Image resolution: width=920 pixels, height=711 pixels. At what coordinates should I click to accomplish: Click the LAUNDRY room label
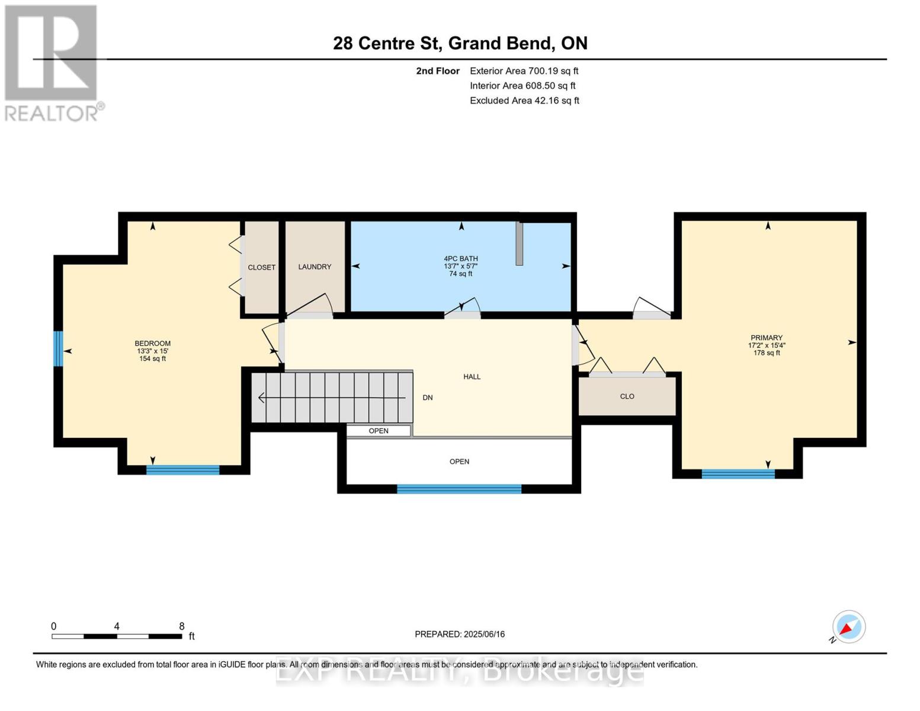[315, 267]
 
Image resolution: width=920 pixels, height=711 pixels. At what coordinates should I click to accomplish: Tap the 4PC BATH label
[461, 259]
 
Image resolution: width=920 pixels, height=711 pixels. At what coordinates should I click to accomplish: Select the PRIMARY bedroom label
[767, 338]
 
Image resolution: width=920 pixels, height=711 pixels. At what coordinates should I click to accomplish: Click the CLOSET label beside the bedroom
[261, 268]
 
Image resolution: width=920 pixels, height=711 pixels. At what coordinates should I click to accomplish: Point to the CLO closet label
[627, 396]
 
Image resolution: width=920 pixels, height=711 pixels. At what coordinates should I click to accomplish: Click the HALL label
[472, 377]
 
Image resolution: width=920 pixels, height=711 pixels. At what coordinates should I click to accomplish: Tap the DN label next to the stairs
[427, 398]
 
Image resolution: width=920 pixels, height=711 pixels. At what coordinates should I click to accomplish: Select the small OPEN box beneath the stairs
[379, 431]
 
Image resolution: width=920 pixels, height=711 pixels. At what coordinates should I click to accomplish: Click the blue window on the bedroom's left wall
[58, 348]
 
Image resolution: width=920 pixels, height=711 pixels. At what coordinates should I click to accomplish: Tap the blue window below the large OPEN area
[459, 489]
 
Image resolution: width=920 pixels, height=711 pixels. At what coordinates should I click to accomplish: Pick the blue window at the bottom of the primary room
[738, 473]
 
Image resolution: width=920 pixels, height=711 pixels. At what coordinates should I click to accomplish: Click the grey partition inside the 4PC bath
[519, 244]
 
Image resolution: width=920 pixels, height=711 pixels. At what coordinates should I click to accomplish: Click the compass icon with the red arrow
[848, 627]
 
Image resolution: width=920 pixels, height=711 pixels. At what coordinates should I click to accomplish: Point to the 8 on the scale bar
[182, 626]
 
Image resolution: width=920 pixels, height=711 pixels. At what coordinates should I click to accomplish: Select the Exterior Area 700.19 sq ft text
[524, 71]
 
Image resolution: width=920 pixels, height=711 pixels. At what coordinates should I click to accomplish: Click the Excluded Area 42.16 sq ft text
[524, 101]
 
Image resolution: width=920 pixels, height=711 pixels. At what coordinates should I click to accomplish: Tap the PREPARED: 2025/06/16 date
[460, 634]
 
